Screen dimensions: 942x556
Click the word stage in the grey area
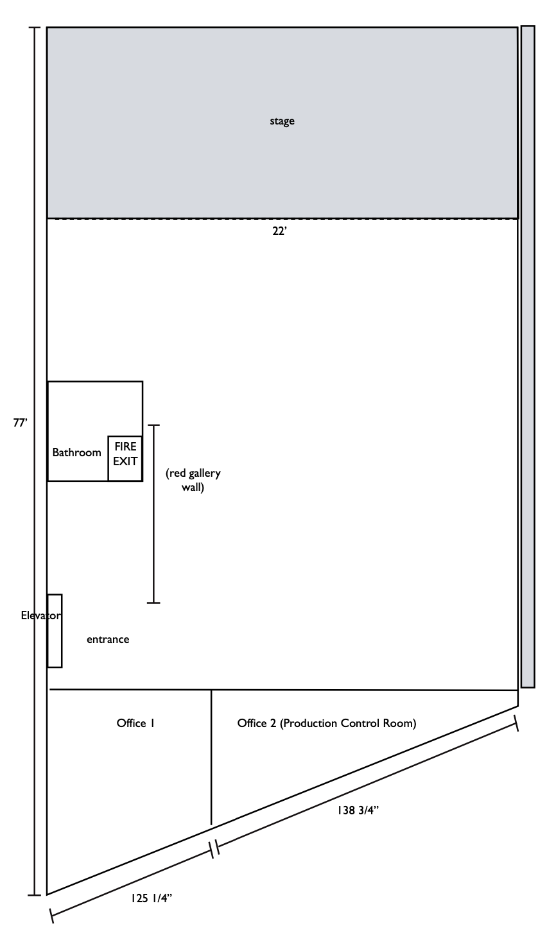point(282,121)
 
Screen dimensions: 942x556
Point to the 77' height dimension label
point(21,422)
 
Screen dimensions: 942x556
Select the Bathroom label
point(76,452)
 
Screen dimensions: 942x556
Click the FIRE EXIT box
point(125,458)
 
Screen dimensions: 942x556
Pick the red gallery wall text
point(193,480)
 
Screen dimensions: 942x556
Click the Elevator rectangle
point(55,631)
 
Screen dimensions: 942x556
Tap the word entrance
point(108,639)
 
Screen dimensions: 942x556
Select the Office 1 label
point(135,723)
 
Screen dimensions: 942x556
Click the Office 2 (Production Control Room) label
point(327,723)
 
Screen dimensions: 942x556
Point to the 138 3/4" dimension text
point(358,810)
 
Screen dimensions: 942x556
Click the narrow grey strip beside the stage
point(528,356)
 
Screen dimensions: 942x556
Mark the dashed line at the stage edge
point(282,219)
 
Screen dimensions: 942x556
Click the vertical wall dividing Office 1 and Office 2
point(211,757)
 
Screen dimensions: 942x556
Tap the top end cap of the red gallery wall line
point(153,425)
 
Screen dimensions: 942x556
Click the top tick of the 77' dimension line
point(34,28)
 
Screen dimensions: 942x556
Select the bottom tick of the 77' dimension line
point(34,895)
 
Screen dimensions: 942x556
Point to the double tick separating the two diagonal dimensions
point(214,848)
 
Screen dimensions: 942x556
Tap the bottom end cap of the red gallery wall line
point(153,603)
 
